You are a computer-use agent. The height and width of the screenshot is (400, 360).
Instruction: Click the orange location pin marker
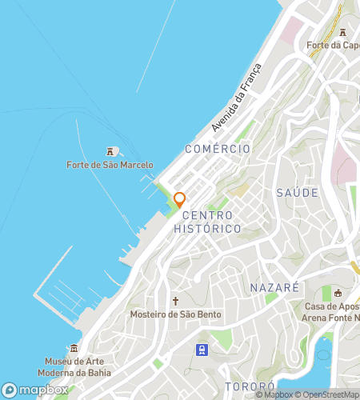coord(180,199)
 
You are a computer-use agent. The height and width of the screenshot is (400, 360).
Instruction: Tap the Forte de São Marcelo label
coord(110,166)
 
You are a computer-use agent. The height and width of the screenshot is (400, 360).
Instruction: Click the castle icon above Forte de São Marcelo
coord(110,151)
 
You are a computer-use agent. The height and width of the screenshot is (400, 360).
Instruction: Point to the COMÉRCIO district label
coord(217,149)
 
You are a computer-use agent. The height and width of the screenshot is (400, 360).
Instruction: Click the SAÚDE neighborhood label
coord(297,193)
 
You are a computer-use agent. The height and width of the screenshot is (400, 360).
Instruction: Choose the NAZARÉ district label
coord(274,287)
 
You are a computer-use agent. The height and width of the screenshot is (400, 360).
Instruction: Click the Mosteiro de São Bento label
coord(176,314)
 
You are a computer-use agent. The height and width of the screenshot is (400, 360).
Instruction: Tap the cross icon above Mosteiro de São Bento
coord(176,301)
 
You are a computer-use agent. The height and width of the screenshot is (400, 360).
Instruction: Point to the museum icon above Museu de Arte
coord(74,349)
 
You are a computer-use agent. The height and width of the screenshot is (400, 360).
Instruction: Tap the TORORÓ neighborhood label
coord(250,387)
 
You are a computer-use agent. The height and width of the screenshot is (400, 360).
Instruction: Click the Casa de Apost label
coord(333,307)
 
